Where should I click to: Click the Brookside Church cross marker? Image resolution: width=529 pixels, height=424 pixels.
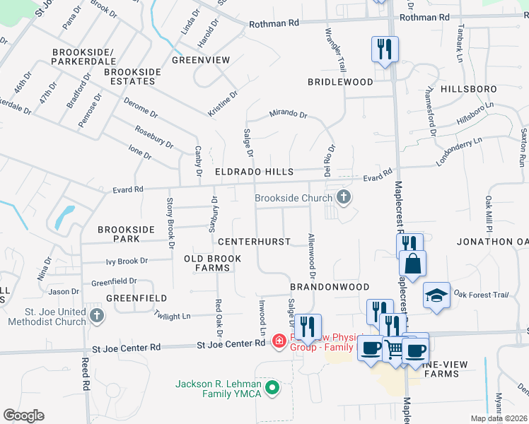pyautogui.click(x=344, y=197)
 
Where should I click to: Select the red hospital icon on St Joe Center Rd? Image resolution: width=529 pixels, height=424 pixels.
pyautogui.click(x=279, y=342)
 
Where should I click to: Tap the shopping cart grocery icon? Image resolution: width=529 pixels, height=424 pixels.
pyautogui.click(x=394, y=348)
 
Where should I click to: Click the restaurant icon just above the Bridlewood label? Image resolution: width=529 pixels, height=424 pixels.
pyautogui.click(x=385, y=49)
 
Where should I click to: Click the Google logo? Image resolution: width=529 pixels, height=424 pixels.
pyautogui.click(x=23, y=416)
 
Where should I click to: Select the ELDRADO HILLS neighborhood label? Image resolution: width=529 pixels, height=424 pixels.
pyautogui.click(x=255, y=172)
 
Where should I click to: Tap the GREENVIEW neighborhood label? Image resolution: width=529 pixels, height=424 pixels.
pyautogui.click(x=201, y=60)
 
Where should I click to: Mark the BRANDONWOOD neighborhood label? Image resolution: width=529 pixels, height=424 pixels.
pyautogui.click(x=330, y=286)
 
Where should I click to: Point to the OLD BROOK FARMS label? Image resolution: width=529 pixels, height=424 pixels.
pyautogui.click(x=213, y=264)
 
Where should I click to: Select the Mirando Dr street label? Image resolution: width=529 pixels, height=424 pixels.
pyautogui.click(x=288, y=114)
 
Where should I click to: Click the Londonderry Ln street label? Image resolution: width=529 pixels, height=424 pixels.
pyautogui.click(x=458, y=151)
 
